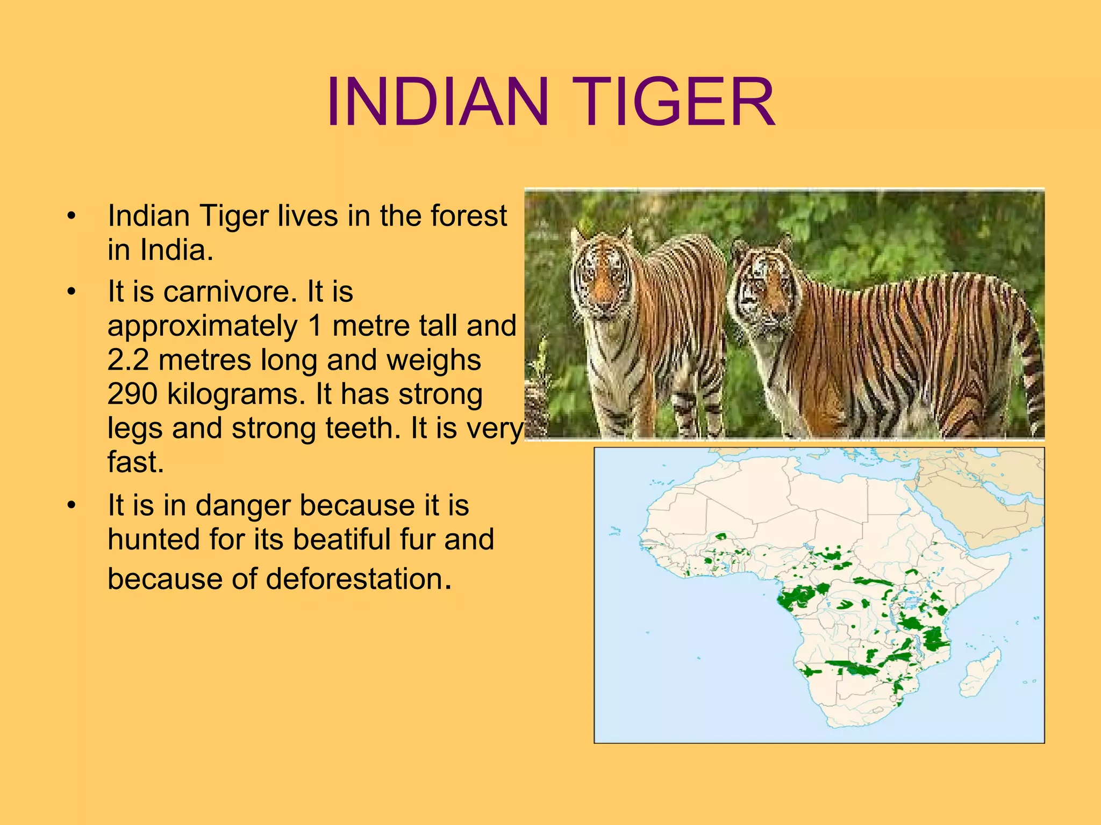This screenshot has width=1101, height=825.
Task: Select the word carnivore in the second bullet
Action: (x=230, y=292)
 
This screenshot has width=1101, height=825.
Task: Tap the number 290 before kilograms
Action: (x=132, y=394)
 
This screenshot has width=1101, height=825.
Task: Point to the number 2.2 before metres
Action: (x=128, y=359)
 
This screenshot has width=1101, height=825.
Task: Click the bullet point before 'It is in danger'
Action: (x=72, y=505)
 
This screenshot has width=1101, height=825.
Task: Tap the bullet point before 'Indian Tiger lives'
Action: (x=72, y=216)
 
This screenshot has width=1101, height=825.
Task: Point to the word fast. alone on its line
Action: (x=135, y=462)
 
